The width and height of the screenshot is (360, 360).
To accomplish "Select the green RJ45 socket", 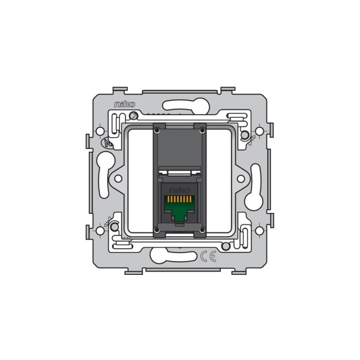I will (180, 208).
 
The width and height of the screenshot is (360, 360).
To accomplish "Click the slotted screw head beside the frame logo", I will (133, 115).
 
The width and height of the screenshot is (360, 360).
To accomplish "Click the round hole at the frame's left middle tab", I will (119, 179).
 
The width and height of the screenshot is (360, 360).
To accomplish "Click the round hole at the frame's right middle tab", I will (241, 179).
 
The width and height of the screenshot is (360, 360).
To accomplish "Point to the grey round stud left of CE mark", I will (225, 246).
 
